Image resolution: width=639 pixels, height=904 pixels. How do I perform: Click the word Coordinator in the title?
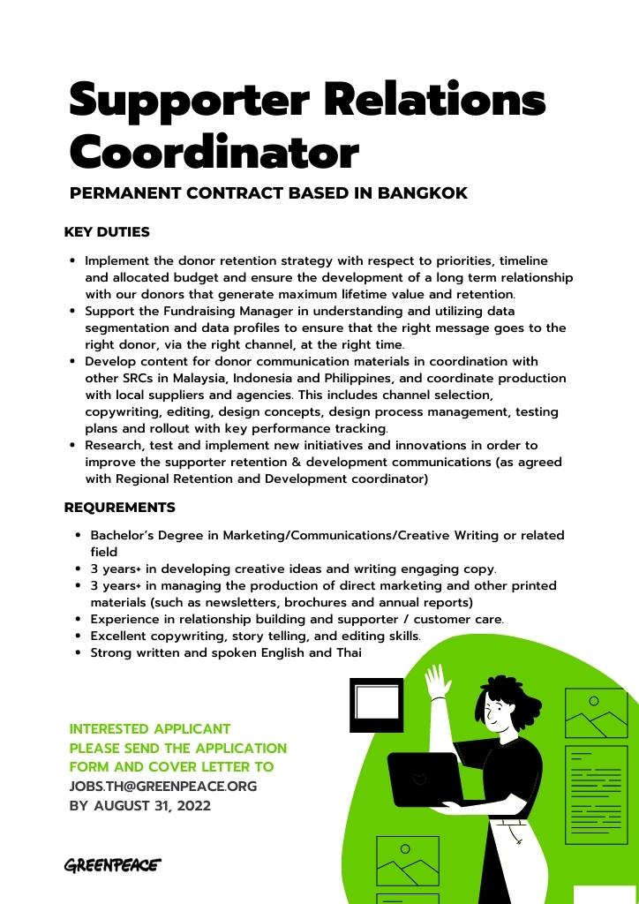214,152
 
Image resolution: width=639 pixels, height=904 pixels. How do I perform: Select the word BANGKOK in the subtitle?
423,192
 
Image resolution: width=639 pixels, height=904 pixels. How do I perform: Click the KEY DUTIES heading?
107,232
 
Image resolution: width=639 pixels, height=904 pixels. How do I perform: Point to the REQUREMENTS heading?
119,508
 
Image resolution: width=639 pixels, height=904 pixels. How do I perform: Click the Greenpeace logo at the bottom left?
112,865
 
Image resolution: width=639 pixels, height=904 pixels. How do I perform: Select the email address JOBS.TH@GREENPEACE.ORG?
163,786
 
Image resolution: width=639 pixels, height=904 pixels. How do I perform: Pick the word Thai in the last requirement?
349,653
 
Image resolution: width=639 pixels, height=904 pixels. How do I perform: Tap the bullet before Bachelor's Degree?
79,536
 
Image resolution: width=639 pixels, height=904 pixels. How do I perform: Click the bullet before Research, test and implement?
73,446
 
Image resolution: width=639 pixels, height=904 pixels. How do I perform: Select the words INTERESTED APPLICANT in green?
150,729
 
